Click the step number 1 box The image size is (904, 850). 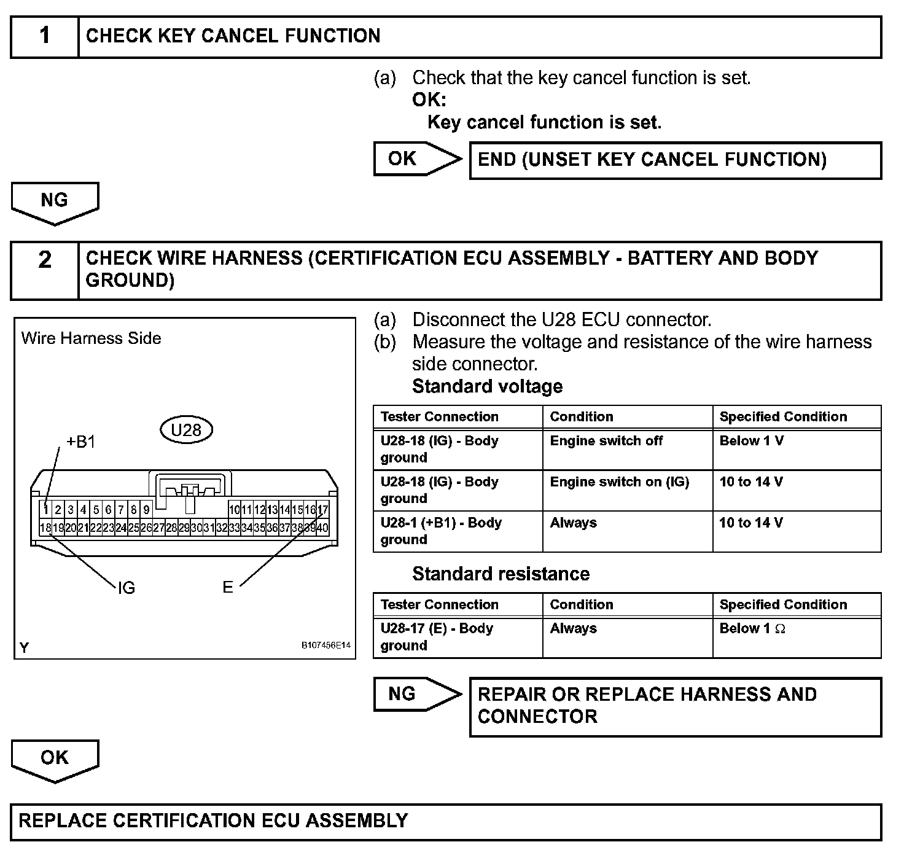(45, 36)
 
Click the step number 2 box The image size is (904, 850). (45, 270)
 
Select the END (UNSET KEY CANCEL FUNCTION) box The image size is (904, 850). (675, 160)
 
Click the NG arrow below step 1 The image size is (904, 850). (55, 202)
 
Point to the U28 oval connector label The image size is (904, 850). (186, 430)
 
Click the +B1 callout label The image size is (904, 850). (80, 442)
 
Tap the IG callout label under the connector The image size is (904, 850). (126, 588)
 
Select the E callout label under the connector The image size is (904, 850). (228, 588)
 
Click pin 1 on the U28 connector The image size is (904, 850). (45, 509)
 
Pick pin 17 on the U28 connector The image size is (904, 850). (323, 509)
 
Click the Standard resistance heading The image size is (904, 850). (501, 574)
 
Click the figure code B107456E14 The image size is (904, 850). (325, 645)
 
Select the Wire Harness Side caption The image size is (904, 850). (91, 338)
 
